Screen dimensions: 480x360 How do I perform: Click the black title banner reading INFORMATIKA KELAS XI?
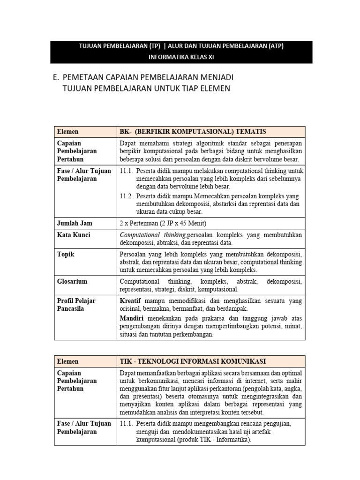click(181, 57)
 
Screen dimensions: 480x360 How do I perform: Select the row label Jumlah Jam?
click(74, 223)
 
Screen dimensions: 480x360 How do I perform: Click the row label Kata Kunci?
click(74, 234)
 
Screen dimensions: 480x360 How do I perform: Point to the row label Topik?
click(66, 254)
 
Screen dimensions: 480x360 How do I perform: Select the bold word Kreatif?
click(131, 300)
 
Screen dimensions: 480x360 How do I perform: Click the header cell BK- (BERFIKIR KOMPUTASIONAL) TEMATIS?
click(193, 132)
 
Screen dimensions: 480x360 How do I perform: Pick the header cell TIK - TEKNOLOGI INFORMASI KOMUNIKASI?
click(193, 361)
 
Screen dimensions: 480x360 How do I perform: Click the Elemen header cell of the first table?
click(67, 132)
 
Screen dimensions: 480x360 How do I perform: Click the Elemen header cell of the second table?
click(67, 361)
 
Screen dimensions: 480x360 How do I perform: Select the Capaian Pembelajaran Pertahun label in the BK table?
click(77, 151)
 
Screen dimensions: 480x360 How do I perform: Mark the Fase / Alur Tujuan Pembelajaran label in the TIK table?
click(84, 427)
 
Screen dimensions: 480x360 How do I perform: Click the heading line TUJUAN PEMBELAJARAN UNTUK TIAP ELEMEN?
click(146, 88)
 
